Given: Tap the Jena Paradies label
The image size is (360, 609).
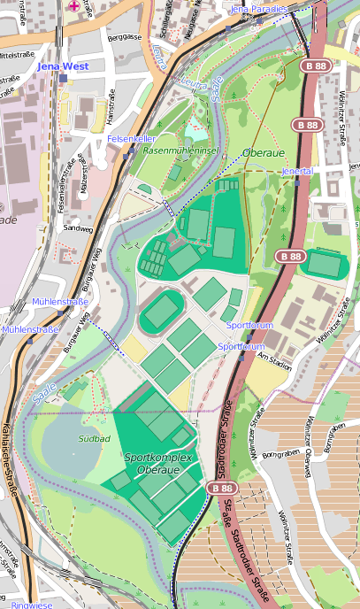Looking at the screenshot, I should [258, 9].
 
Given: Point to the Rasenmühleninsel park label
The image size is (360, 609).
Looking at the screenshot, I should [180, 151].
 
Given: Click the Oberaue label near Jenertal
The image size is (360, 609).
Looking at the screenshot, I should [263, 153].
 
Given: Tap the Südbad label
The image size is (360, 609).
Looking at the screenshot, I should [94, 438].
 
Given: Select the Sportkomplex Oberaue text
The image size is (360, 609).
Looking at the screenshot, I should [158, 463].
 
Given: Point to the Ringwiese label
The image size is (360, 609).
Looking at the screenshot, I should [32, 605].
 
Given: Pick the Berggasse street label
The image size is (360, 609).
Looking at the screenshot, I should [123, 38].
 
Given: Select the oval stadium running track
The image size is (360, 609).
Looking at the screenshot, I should [162, 312].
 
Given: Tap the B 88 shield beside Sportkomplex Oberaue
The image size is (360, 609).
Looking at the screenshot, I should [220, 488].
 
